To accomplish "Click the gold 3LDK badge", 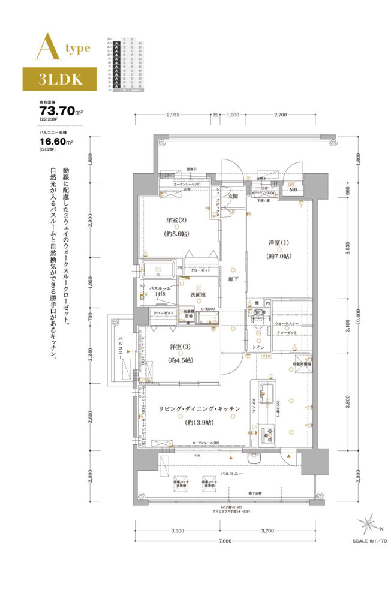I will coord(60,79).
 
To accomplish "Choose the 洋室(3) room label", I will coord(179,347).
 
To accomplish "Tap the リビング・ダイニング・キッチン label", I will coord(199,409).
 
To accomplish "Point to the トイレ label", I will coord(258,347).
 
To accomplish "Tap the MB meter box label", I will coord(294,190).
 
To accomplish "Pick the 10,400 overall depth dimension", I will coord(358,321).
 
